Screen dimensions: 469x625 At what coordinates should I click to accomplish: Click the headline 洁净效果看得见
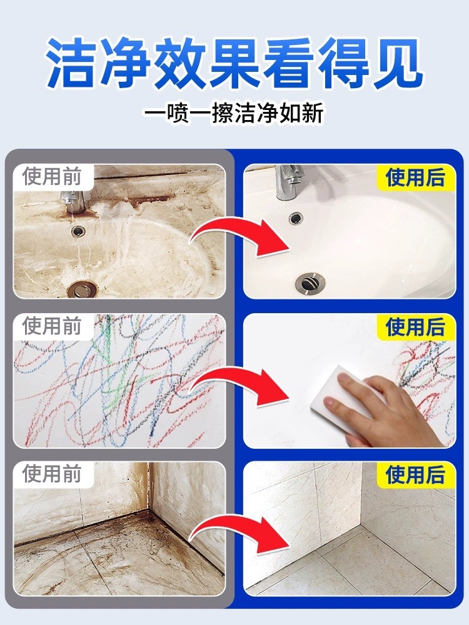[x=234, y=63]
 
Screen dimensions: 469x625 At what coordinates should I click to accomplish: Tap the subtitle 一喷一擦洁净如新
[x=234, y=113]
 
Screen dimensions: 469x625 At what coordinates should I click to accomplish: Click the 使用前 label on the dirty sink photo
[x=52, y=177]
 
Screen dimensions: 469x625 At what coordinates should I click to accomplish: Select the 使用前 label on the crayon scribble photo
[x=52, y=326]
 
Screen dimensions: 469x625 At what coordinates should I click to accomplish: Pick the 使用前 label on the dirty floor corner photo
[x=52, y=474]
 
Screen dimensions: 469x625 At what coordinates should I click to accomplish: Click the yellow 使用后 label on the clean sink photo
[x=415, y=177]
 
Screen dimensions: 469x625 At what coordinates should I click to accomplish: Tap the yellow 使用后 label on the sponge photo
[x=415, y=327]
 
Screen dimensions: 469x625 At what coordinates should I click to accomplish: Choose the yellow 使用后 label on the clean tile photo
[x=415, y=475]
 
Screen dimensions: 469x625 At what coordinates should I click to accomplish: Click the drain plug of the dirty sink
[x=81, y=288]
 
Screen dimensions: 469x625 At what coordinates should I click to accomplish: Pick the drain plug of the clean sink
[x=310, y=283]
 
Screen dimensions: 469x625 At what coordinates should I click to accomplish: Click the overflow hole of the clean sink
[x=296, y=218]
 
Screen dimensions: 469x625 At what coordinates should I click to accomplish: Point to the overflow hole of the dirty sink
[x=78, y=230]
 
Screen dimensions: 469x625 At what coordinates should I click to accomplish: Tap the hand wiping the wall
[x=383, y=411]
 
